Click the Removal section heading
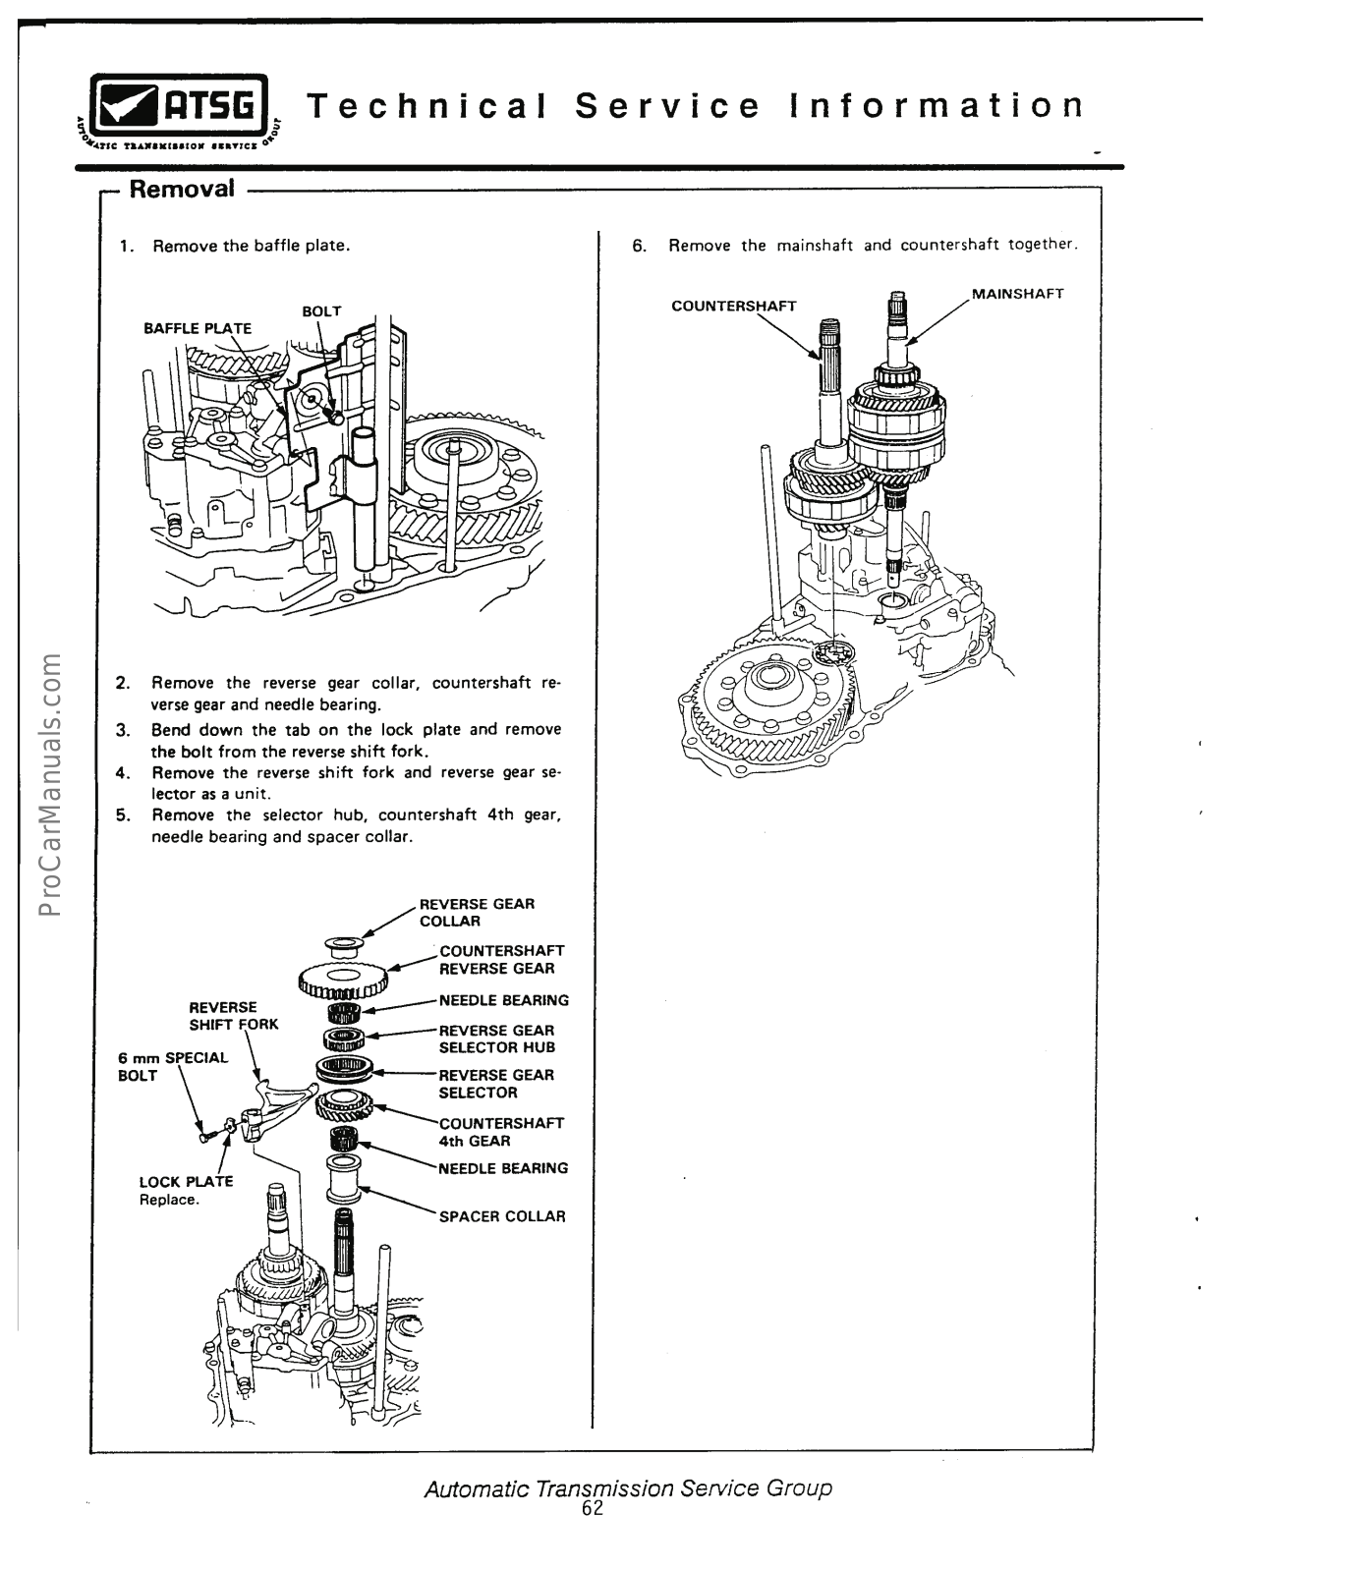(182, 188)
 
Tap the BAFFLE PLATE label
(198, 328)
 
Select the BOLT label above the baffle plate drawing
(321, 311)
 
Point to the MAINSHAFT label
(1018, 294)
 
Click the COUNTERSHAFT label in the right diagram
(734, 306)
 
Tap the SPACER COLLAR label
(502, 1216)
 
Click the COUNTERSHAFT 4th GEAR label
(501, 1132)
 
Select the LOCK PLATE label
(186, 1182)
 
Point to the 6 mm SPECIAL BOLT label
(172, 1066)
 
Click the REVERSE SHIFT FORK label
(234, 1016)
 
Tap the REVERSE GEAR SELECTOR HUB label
(496, 1039)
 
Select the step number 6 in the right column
(639, 246)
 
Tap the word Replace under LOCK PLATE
(169, 1201)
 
